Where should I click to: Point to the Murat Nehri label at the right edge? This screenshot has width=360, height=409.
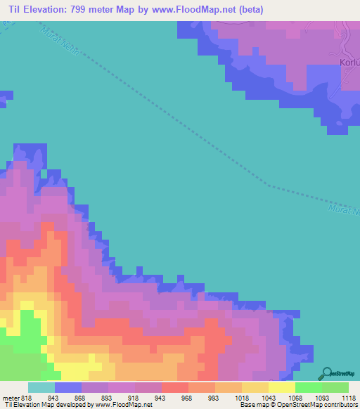[x=344, y=209]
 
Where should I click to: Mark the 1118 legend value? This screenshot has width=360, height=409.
[x=349, y=397]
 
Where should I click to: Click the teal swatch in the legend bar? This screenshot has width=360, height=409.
[x=41, y=387]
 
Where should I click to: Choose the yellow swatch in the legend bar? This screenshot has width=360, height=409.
[x=281, y=387]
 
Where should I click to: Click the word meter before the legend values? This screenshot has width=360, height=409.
[x=10, y=397]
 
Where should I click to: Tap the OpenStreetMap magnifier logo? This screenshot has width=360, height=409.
[x=328, y=372]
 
